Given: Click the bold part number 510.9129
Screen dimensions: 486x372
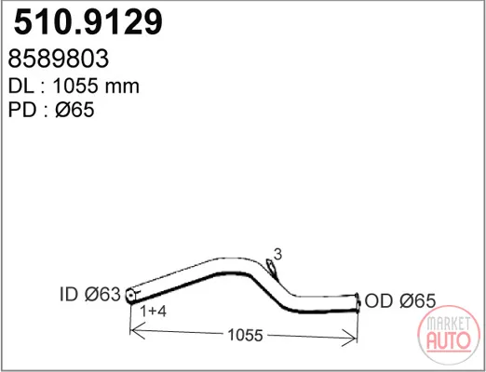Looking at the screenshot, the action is [x=88, y=22].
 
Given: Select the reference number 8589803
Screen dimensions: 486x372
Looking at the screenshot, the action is [x=59, y=59].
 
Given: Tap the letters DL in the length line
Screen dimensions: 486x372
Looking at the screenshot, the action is [x=21, y=86].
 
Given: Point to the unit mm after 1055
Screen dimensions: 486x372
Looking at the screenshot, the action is [x=122, y=87].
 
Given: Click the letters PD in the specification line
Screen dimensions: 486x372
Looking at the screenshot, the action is [x=21, y=110].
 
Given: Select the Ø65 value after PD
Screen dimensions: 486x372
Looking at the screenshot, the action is [x=74, y=110].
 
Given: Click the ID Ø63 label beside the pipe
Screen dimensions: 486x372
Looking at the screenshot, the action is [x=89, y=294].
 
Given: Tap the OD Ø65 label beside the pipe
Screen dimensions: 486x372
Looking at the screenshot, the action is [x=400, y=300].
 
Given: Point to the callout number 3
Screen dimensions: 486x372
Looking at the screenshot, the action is [x=277, y=255].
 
